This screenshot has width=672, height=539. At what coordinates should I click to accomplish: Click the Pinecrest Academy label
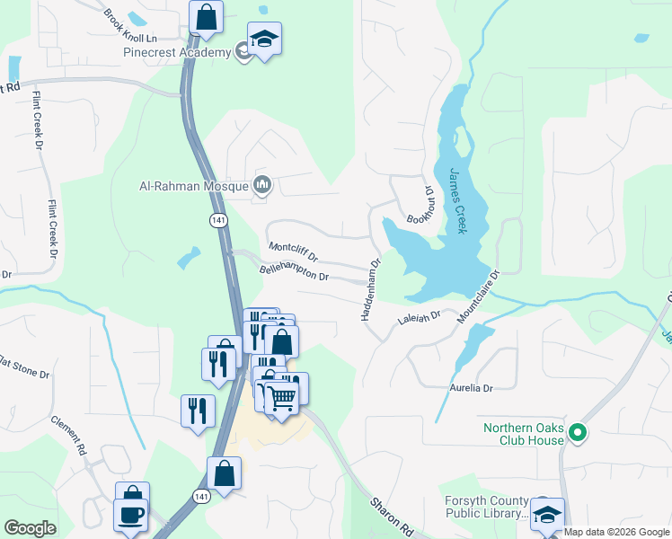(x=177, y=53)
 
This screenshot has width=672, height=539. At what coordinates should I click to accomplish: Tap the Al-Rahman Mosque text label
(x=192, y=186)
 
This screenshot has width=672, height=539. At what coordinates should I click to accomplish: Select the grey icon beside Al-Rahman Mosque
(x=262, y=185)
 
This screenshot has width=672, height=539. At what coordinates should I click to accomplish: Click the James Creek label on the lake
(x=457, y=201)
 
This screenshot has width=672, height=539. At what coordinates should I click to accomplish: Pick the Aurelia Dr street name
(x=472, y=387)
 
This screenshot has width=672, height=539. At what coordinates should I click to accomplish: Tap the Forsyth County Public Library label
(x=486, y=507)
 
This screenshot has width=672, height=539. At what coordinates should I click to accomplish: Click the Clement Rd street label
(x=67, y=435)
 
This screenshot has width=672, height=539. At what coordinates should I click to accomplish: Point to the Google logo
(x=30, y=528)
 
